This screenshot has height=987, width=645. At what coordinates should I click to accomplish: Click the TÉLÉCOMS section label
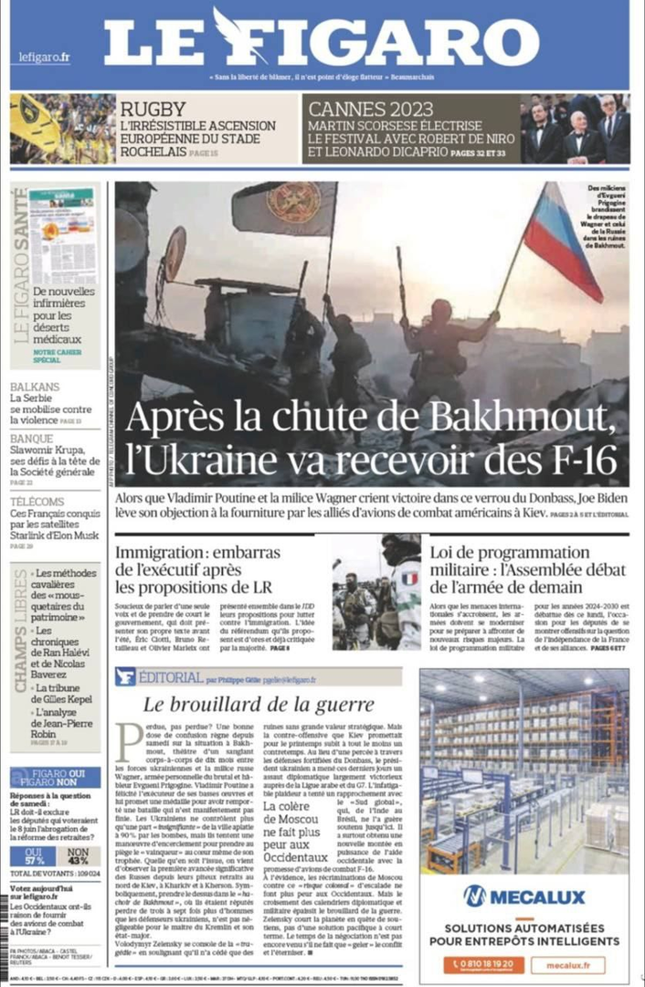38,502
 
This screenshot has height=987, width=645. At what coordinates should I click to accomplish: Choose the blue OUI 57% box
33,856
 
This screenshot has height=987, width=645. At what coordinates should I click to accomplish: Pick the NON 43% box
79,856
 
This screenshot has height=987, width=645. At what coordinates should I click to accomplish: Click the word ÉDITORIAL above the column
171,677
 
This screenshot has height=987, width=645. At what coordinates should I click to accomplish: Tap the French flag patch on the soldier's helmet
409,578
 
